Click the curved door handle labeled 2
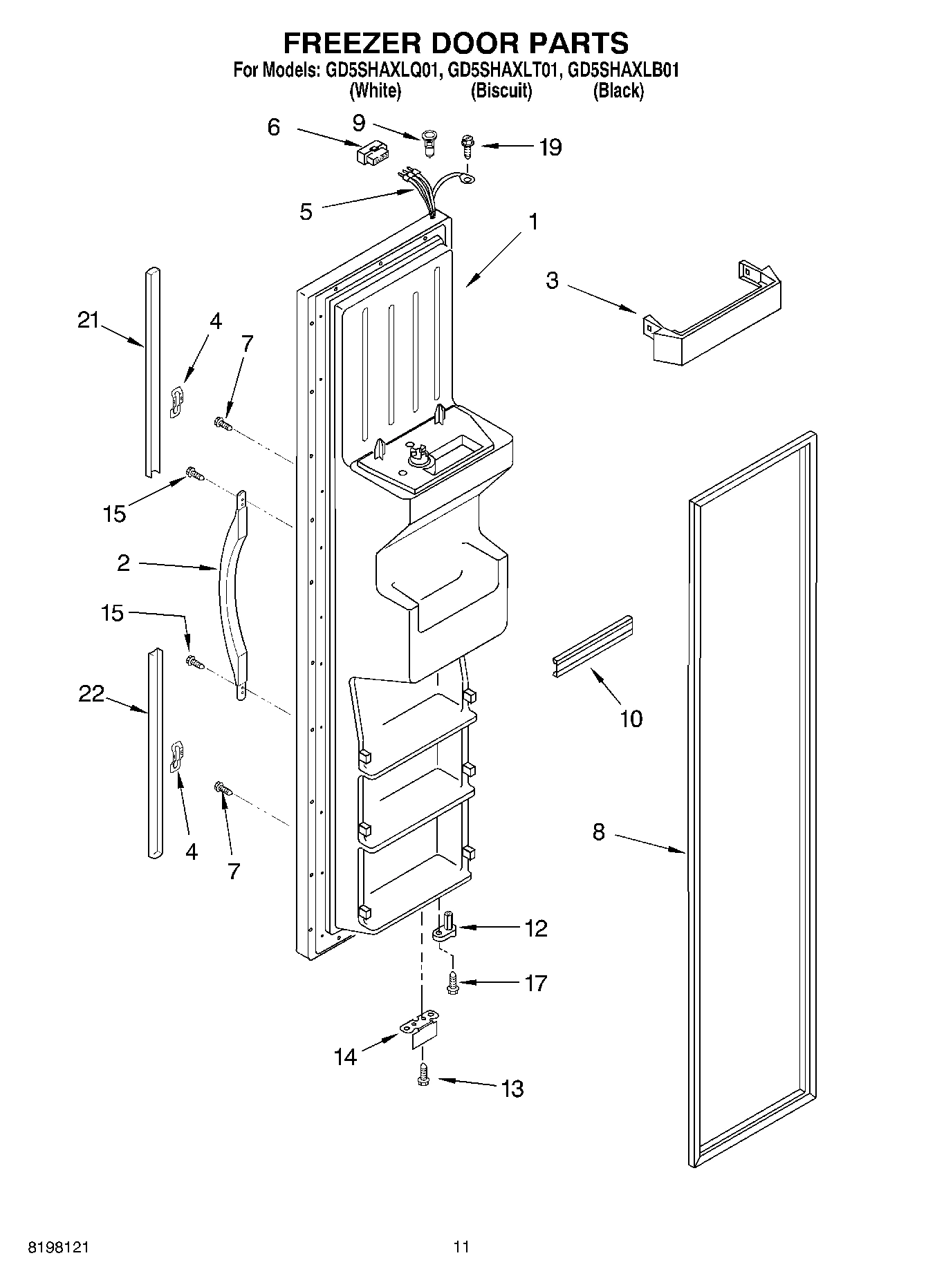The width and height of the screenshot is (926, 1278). coord(231,594)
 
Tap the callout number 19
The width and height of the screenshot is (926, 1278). coord(550,147)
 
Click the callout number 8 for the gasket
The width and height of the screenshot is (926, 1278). coord(598,832)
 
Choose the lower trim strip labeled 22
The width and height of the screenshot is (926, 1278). coord(154,753)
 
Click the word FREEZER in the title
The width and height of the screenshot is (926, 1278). coord(352,43)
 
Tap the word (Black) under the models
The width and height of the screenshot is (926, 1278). coord(618,91)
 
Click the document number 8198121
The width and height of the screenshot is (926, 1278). coord(59,1248)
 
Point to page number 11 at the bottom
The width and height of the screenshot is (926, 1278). coord(461,1248)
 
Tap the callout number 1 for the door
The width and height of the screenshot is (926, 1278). coord(533,222)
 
